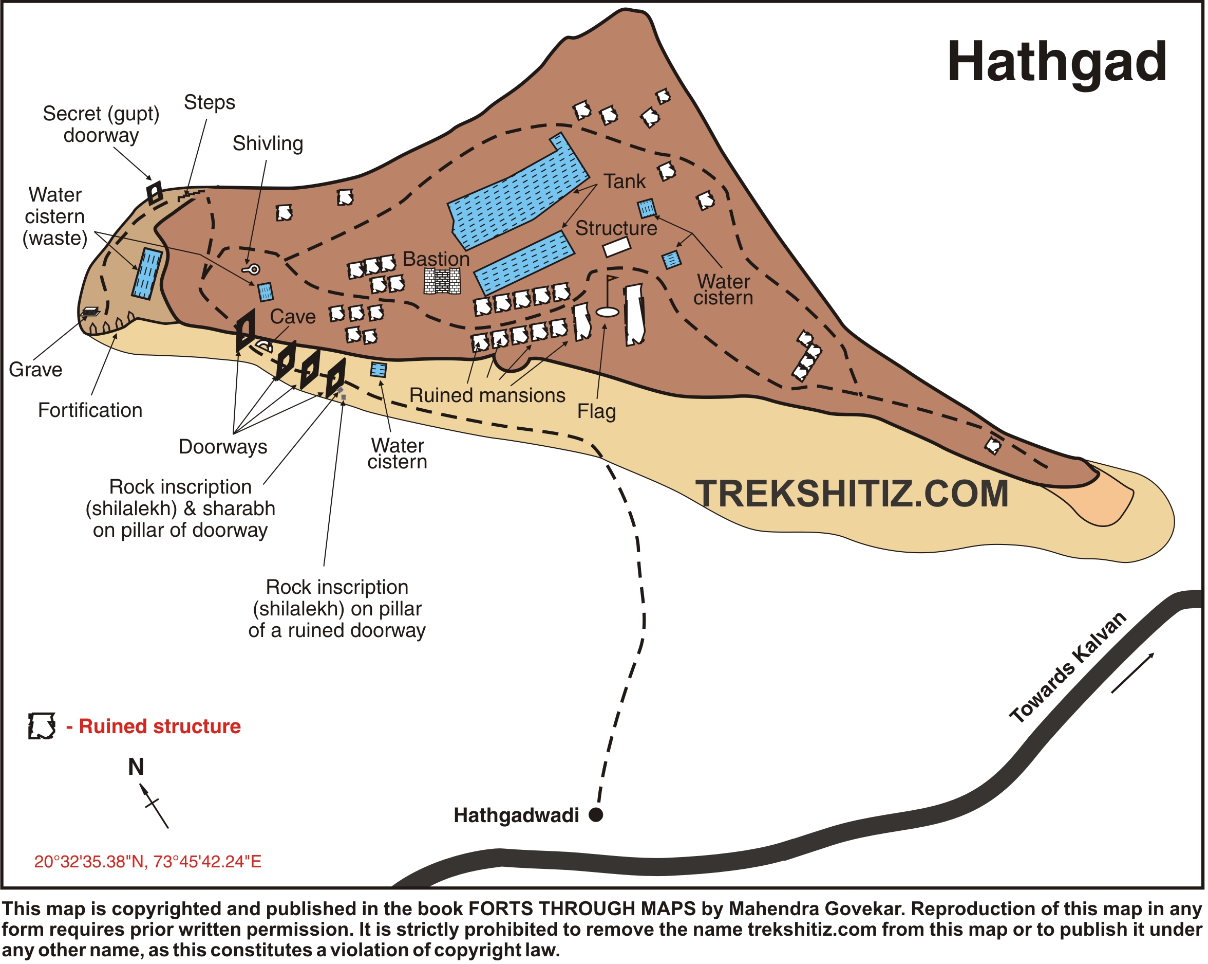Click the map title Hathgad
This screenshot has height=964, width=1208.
point(1056,63)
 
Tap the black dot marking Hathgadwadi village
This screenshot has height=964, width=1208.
point(596,815)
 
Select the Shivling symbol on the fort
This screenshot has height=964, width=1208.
point(252,270)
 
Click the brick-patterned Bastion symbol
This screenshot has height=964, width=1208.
point(442,281)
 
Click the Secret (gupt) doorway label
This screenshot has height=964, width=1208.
point(101,124)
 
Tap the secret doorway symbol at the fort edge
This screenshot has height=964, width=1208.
point(155,193)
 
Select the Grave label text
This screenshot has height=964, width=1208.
point(35,370)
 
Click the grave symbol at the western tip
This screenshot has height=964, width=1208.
point(90,312)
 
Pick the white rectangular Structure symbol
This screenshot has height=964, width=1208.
point(616,247)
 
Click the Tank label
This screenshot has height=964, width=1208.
point(624,181)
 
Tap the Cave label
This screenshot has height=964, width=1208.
point(292,317)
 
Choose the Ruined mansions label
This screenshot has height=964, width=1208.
point(487,395)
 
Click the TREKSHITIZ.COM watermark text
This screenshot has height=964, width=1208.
point(852,494)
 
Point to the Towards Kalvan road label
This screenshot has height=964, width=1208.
point(1067,667)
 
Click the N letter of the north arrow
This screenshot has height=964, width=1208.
point(136,767)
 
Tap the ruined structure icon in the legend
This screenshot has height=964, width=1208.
point(42,726)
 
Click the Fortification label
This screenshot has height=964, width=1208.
point(90,410)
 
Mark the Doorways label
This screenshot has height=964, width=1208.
point(222,447)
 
